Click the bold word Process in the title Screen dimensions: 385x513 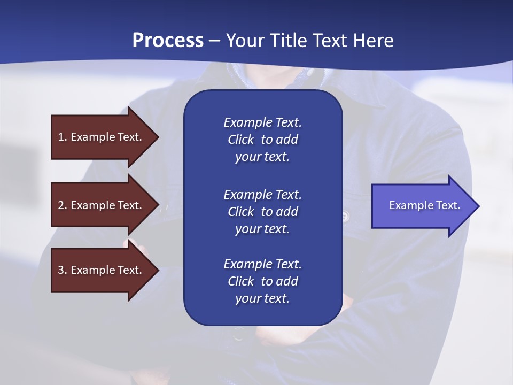tap(168, 41)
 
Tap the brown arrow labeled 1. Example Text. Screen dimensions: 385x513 tap(102, 137)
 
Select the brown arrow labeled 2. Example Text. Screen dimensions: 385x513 tap(102, 205)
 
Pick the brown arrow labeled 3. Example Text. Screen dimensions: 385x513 tap(102, 270)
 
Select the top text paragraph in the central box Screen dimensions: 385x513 tap(262, 140)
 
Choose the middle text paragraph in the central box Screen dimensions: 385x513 tap(262, 211)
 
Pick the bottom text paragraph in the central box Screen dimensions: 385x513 tap(262, 281)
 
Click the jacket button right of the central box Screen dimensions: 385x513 tap(345, 216)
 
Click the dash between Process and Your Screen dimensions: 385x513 tap(214, 41)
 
